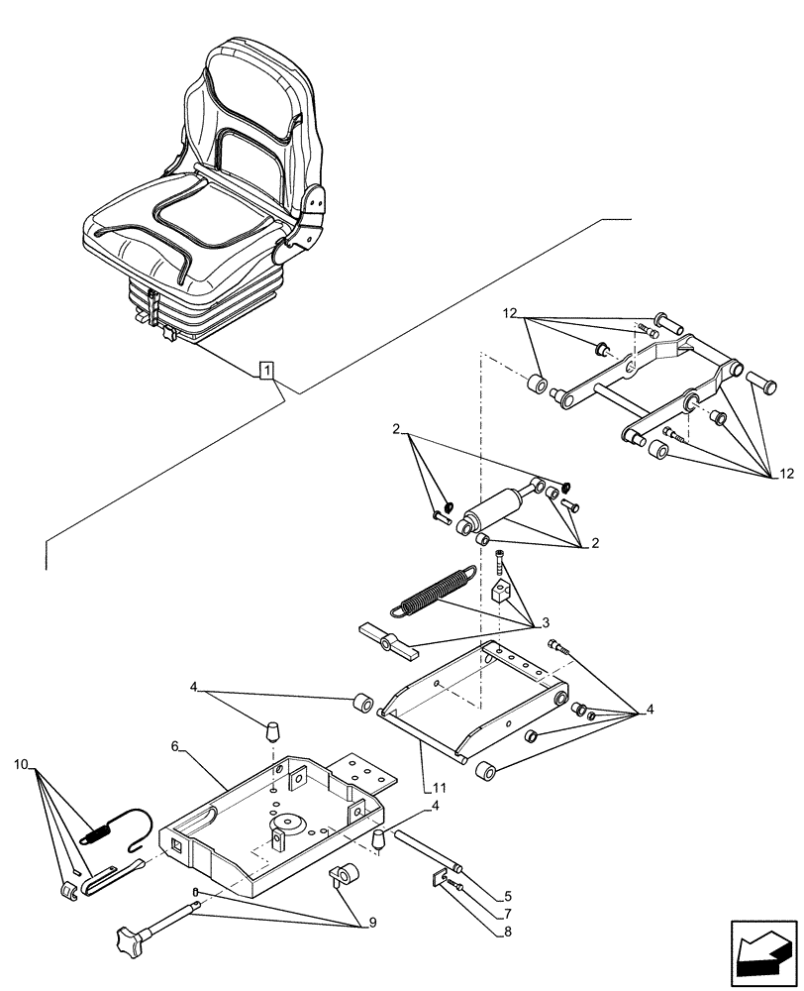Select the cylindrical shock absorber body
click(x=494, y=510)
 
